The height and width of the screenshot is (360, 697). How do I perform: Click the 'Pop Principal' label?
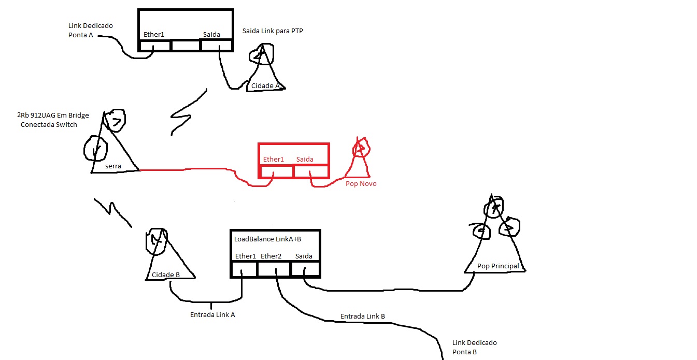pos(497,266)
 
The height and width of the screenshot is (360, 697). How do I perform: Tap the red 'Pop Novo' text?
pos(361,184)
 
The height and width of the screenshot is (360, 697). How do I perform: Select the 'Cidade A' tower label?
pos(265,85)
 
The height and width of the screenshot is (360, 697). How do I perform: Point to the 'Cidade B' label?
pos(165,275)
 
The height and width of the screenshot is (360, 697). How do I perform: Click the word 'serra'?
pos(113,166)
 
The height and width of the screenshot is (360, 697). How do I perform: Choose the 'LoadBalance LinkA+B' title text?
pos(267,239)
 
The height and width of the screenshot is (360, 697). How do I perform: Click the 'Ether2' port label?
pos(271,256)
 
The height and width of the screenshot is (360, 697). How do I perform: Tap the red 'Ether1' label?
pos(274,159)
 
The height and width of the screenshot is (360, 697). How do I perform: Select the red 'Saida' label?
pos(305,159)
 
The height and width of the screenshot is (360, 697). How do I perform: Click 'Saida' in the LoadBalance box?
pos(304,256)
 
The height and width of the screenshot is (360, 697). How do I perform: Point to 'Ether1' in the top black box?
pos(154,35)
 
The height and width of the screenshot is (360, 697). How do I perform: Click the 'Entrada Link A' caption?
pos(212,314)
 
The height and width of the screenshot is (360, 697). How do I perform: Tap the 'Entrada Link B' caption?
pos(362,316)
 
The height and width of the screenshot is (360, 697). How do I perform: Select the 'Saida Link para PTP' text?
pos(273,31)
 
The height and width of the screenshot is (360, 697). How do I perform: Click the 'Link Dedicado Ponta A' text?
pos(90,30)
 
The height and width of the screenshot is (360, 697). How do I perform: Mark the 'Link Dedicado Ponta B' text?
pos(474,347)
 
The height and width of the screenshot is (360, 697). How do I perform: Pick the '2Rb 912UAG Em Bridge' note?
pos(53,116)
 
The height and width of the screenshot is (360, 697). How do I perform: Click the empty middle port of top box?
pos(186,46)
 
